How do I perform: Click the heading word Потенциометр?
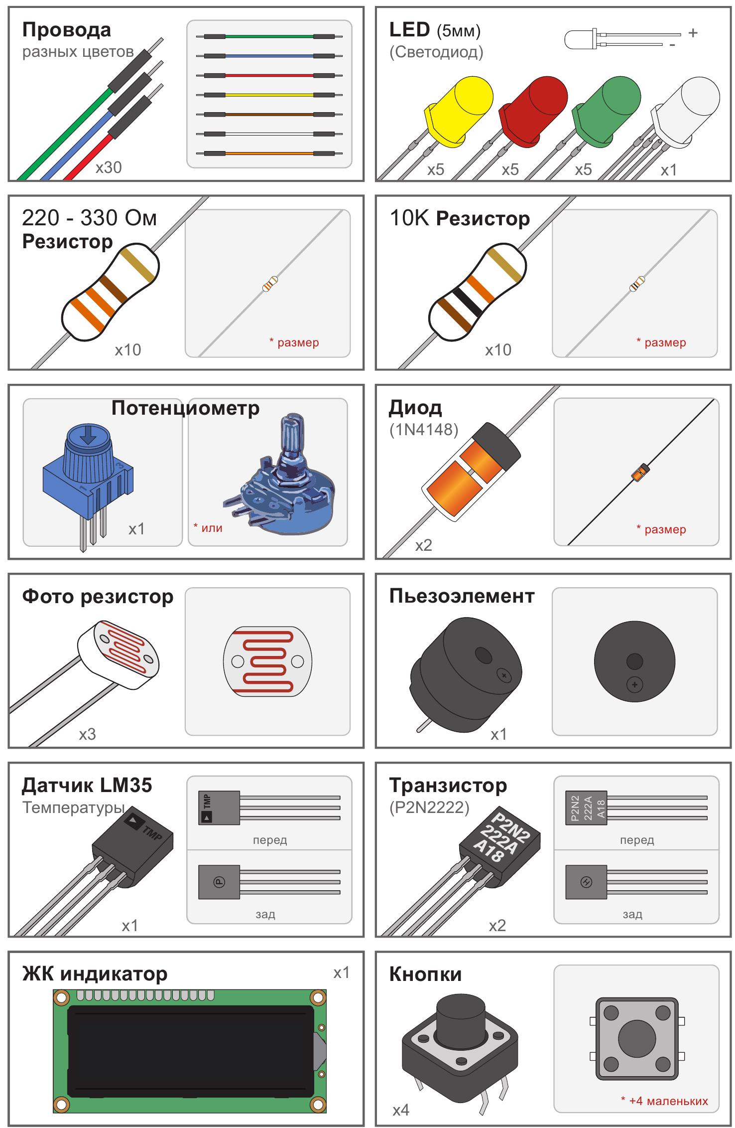pyautogui.click(x=185, y=408)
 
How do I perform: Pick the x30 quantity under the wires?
pyautogui.click(x=109, y=167)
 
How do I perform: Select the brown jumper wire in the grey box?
pyautogui.click(x=269, y=114)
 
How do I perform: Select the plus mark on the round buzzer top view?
pyautogui.click(x=634, y=685)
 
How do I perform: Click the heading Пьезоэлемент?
pyautogui.click(x=462, y=596)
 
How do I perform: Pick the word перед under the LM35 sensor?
pyautogui.click(x=269, y=840)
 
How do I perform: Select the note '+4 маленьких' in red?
pyautogui.click(x=664, y=1101)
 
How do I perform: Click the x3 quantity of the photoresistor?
pyautogui.click(x=87, y=734)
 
